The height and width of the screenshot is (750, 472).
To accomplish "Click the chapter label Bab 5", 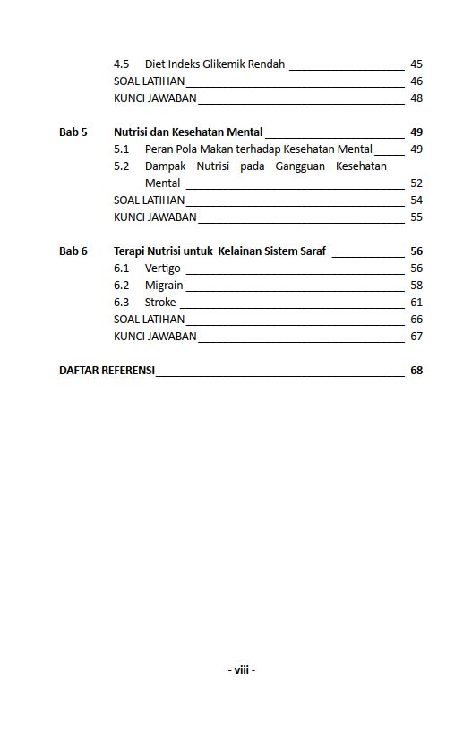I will coord(73,132).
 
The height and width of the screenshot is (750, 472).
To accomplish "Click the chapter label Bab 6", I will coord(73,251).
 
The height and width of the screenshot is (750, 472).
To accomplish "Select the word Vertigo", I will coord(162,268).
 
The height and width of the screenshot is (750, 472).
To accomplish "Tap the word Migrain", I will coord(164,286).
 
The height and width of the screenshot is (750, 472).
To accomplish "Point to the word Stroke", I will coord(160,303).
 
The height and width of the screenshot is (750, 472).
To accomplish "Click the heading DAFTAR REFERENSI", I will coord(107,371).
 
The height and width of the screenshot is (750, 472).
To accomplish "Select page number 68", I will coord(416,371).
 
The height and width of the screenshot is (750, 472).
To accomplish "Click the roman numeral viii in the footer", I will coord(241,669).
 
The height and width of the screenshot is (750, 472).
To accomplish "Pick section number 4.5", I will coord(122,64).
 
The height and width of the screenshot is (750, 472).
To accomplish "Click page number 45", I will coord(416,64).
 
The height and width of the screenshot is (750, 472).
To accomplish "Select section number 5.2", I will coord(122,166).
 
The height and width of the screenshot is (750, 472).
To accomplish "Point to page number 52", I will coord(416,183).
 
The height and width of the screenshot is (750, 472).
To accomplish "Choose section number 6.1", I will coord(122,268).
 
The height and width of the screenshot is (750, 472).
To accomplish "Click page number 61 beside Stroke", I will coord(416,303).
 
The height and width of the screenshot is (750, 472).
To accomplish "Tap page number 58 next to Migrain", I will coord(416,286).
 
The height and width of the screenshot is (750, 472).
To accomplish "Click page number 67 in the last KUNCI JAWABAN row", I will coord(416,337).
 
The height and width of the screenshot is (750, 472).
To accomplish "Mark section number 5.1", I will coord(122,149).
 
